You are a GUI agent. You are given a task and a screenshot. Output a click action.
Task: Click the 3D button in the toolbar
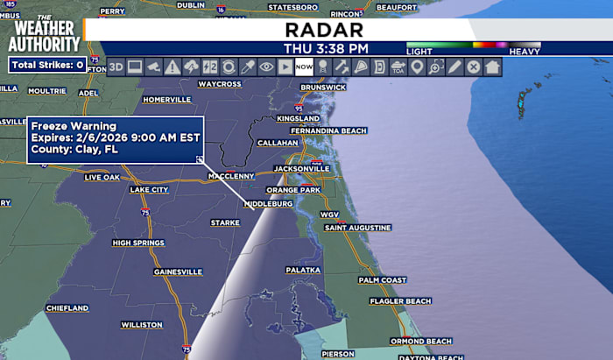[x=116, y=67]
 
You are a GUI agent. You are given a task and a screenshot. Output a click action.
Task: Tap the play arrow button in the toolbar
[x=285, y=67]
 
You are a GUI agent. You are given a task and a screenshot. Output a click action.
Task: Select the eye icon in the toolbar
[x=266, y=67]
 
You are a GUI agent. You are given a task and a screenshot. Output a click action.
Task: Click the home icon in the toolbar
[x=492, y=67]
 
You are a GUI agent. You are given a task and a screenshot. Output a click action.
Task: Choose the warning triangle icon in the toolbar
[x=173, y=67]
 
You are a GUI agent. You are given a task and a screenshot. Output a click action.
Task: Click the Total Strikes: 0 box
[x=48, y=65]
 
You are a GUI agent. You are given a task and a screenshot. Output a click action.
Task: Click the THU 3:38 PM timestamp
[x=326, y=48]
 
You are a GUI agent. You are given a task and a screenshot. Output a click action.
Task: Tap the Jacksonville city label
[x=301, y=167]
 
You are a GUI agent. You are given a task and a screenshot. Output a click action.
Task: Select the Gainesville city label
[x=178, y=272]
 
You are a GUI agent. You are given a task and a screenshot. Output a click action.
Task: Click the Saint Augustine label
[x=357, y=228]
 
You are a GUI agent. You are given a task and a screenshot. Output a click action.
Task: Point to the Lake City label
[x=149, y=189]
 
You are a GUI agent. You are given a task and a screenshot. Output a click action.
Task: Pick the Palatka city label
[x=303, y=270]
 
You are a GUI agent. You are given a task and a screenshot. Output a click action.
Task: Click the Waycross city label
[x=219, y=84]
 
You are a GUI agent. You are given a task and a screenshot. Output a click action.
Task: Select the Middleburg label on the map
[x=268, y=203]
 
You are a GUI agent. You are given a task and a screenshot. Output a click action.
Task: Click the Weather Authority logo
[x=44, y=33]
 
